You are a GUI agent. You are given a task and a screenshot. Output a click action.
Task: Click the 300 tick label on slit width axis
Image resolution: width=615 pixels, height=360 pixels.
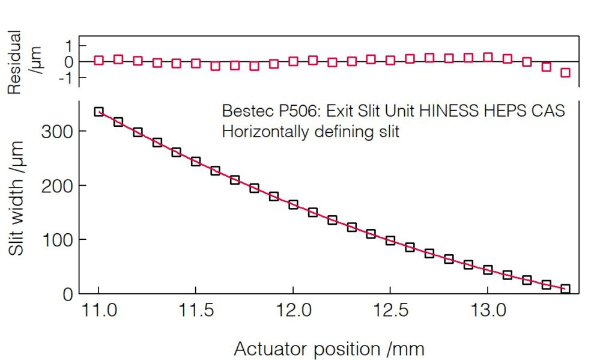pyautogui.click(x=57, y=132)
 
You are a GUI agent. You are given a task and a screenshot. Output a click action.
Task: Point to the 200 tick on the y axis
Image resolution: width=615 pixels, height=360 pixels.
pyautogui.click(x=57, y=186)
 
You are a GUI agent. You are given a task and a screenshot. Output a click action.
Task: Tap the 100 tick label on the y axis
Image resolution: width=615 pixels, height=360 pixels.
pyautogui.click(x=57, y=240)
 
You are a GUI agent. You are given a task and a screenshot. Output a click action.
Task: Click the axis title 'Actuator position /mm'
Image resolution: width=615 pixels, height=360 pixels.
pyautogui.click(x=329, y=348)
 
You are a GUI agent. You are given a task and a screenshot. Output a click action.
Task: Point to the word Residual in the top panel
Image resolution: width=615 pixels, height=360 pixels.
pyautogui.click(x=14, y=63)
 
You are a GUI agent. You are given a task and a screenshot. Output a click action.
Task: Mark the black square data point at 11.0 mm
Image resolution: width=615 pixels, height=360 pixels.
pyautogui.click(x=98, y=112)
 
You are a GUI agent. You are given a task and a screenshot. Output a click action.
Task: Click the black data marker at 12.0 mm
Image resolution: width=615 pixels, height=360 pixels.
pyautogui.click(x=293, y=204)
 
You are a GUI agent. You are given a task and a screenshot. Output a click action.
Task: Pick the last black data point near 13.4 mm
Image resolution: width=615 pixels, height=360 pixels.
pyautogui.click(x=565, y=289)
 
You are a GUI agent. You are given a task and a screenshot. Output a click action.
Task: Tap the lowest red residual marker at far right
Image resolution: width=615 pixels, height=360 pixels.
pyautogui.click(x=565, y=73)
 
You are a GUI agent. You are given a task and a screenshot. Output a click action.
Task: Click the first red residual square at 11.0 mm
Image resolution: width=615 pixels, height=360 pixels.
pyautogui.click(x=98, y=60)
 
